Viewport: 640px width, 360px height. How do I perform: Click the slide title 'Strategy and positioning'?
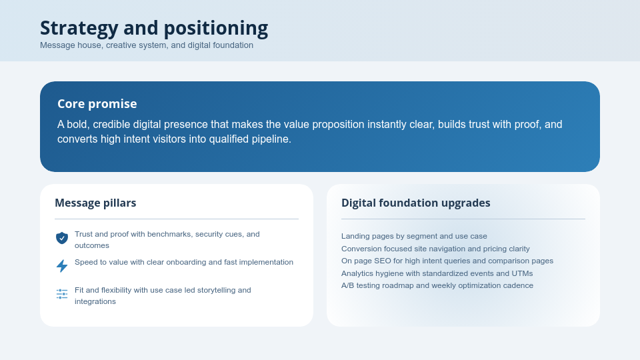click(153, 28)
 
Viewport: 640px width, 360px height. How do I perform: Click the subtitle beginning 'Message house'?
click(147, 45)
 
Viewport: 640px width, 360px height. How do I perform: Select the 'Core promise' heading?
click(97, 104)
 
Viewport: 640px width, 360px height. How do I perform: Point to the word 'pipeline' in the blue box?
click(271, 139)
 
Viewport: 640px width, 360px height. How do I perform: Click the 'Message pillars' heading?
click(95, 203)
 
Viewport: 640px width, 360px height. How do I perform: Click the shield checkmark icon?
click(62, 238)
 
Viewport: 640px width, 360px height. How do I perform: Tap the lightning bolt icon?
click(62, 266)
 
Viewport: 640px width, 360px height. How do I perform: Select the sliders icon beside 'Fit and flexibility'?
click(62, 294)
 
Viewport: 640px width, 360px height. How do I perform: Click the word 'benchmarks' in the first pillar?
click(169, 235)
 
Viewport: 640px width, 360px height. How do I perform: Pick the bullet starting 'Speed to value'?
click(183, 263)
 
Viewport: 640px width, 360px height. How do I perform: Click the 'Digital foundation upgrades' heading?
click(415, 203)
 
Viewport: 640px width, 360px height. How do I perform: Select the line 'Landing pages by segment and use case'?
click(414, 236)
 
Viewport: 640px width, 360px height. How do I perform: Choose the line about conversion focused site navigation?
click(426, 249)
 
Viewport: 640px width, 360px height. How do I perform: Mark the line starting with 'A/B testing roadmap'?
click(437, 285)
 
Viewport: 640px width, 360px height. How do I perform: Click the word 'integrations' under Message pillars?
click(95, 302)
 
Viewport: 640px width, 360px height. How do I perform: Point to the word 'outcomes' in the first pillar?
click(92, 246)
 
